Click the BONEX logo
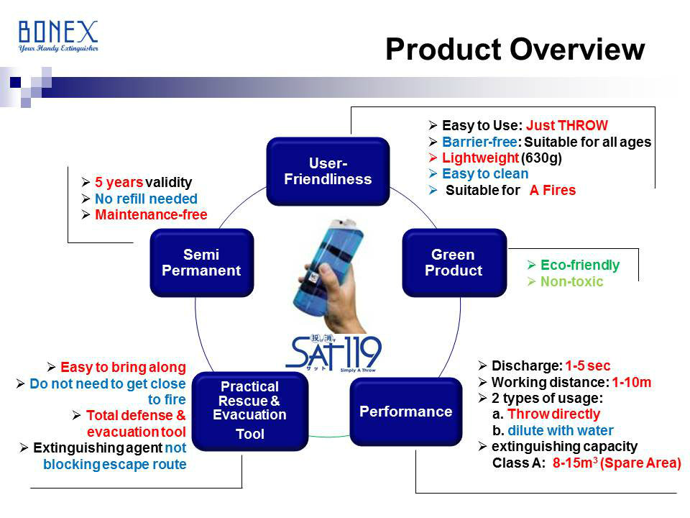tap(58, 36)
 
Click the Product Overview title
tap(515, 49)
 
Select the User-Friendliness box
tap(328, 171)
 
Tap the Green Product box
tap(454, 263)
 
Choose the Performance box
tap(405, 412)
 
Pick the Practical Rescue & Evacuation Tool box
tap(250, 411)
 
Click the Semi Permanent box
tap(201, 263)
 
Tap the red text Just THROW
tap(567, 125)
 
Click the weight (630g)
tap(541, 158)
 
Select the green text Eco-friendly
tap(580, 265)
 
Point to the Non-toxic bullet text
tap(571, 281)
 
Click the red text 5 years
tap(119, 182)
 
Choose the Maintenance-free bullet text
tap(151, 214)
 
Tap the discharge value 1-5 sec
tap(587, 365)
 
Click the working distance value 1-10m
tap(632, 382)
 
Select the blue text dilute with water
tap(560, 430)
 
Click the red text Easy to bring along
tap(123, 367)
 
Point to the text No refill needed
tap(146, 199)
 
